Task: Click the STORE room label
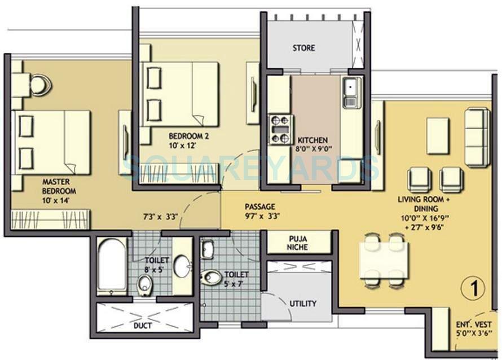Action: point(303,48)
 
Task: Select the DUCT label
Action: point(142,326)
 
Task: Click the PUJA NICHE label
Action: point(297,243)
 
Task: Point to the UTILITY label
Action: point(303,303)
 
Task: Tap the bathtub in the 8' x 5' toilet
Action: point(111,266)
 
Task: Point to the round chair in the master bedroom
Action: point(39,85)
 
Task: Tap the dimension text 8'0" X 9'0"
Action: point(314,149)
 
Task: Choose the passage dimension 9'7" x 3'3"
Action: point(262,216)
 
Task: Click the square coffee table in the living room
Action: point(437,135)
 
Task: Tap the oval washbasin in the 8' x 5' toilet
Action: point(182,266)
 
